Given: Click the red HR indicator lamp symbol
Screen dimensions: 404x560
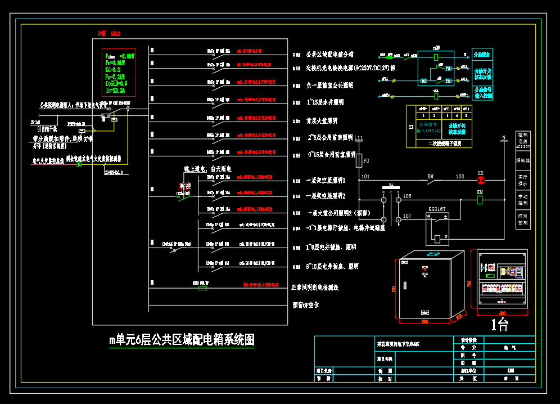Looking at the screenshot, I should click(480, 180).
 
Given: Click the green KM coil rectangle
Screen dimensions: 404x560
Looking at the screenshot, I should click(480, 200).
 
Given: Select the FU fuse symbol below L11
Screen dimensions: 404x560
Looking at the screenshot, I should click(359, 161).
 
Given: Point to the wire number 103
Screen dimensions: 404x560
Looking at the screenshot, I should click(460, 177).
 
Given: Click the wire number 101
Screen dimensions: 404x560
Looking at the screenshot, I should click(365, 177).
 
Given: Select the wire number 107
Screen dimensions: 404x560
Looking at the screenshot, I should click(407, 216).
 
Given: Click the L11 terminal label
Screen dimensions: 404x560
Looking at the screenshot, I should click(359, 138).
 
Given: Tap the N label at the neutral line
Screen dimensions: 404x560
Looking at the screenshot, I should click(504, 137).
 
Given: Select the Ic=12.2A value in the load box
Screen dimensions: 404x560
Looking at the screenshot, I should click(115, 90).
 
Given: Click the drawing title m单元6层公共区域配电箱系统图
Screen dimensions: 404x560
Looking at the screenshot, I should click(182, 340).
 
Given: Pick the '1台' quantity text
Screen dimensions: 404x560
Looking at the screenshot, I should click(499, 324).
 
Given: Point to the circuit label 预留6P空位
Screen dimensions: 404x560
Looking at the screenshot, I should click(306, 305).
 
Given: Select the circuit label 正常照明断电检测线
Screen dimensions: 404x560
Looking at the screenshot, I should click(315, 288).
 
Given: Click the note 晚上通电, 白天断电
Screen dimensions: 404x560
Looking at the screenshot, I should click(207, 169).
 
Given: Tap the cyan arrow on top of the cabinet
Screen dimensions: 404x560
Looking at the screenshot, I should click(432, 254).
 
